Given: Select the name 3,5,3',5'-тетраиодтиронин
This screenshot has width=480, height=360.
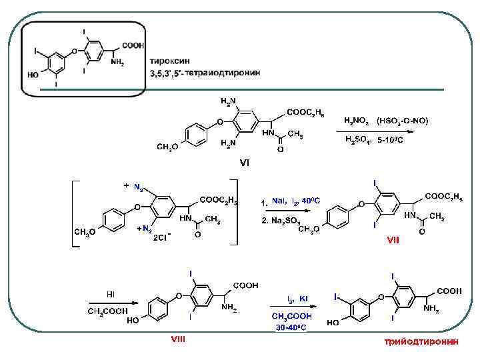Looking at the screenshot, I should (x=205, y=71).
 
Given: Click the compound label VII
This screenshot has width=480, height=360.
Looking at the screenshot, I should (x=394, y=242).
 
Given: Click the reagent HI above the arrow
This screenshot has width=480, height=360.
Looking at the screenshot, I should (x=111, y=294).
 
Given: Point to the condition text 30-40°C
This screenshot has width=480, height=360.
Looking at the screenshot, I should (x=291, y=327).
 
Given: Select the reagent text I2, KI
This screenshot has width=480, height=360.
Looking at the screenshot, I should (x=297, y=299).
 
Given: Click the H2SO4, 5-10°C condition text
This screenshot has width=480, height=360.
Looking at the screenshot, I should (x=374, y=140).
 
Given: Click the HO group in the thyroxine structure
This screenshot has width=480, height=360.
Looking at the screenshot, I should (x=33, y=75).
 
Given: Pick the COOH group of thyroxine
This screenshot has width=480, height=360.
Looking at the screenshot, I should (x=133, y=45).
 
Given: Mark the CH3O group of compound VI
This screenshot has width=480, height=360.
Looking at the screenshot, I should (x=167, y=146).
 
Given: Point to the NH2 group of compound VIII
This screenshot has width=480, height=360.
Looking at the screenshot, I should (x=230, y=308).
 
